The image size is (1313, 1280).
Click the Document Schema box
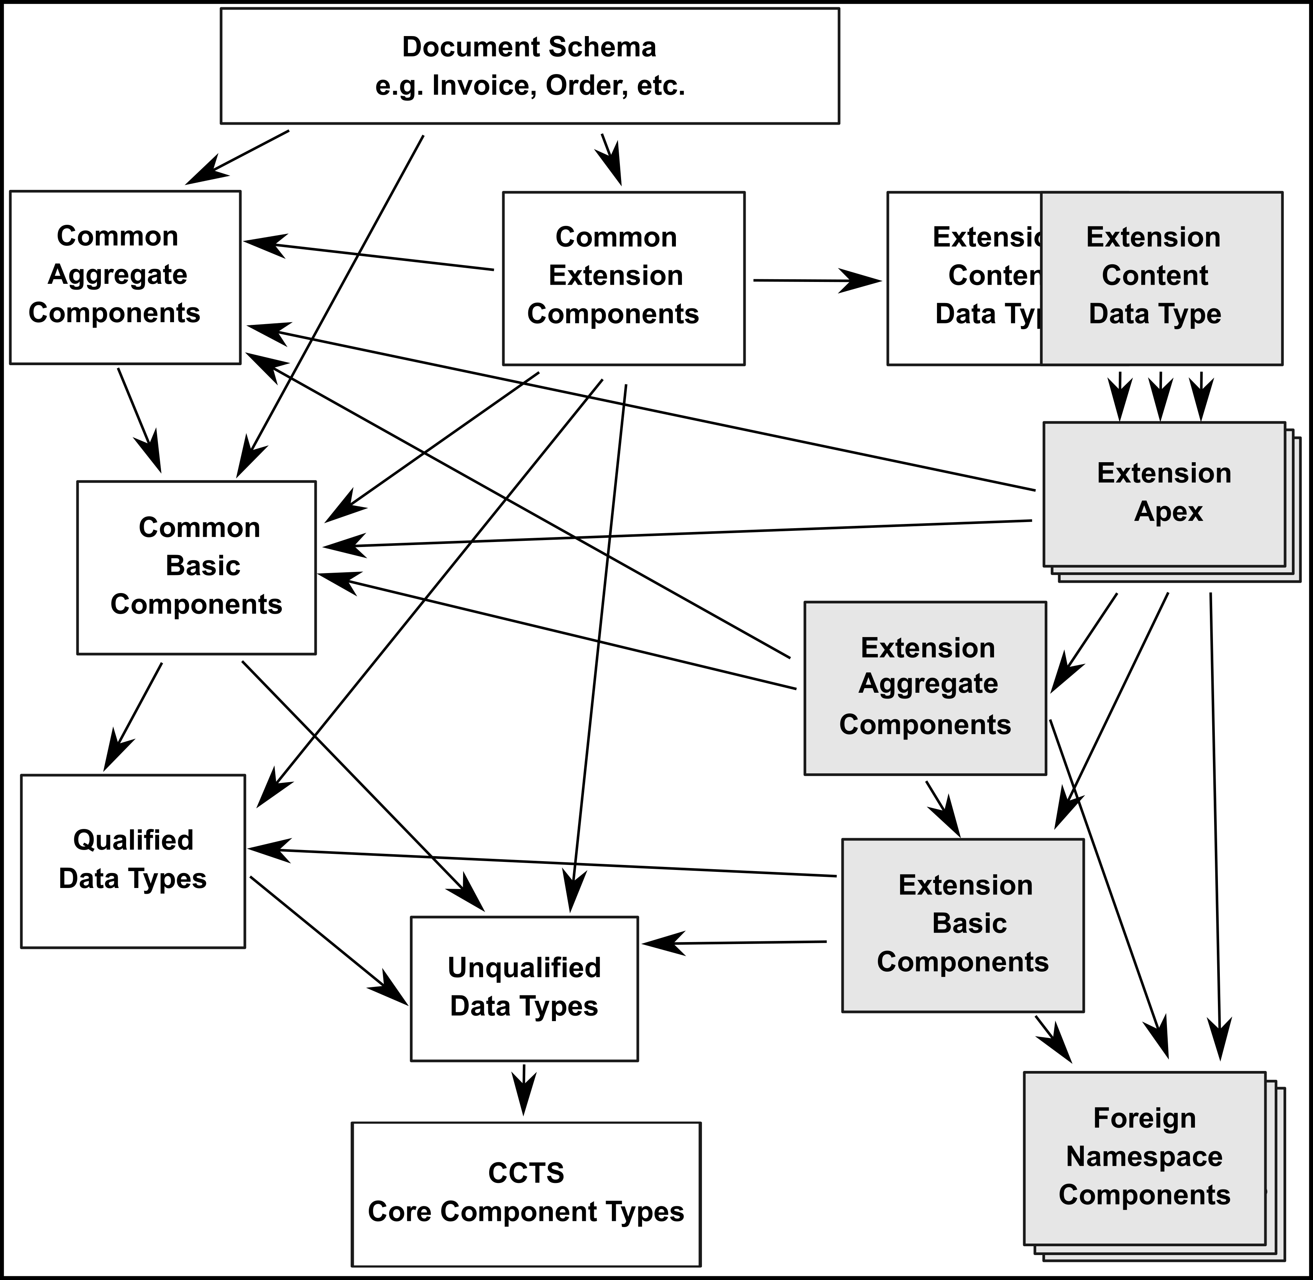tap(529, 66)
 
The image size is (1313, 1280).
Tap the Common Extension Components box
tap(624, 278)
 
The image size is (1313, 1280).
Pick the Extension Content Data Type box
tap(1161, 278)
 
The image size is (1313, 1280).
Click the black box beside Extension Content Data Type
tap(964, 278)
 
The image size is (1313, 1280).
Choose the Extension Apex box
tap(1164, 494)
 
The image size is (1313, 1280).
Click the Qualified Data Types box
tap(133, 861)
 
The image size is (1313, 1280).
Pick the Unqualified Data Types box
tap(524, 988)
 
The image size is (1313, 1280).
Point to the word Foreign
tap(1144, 1119)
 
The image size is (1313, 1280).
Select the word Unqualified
tap(524, 968)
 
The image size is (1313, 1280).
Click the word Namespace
tap(1144, 1157)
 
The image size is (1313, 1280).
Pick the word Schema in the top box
tap(602, 47)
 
